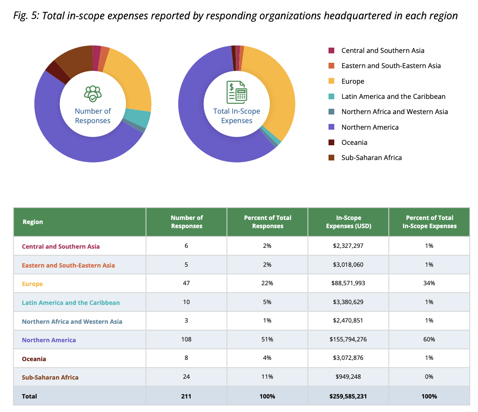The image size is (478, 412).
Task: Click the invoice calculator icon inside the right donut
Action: (x=237, y=92)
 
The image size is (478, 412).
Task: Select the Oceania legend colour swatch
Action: (x=331, y=142)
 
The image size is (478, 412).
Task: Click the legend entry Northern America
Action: (x=370, y=127)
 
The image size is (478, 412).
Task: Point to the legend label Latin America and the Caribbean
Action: (x=393, y=96)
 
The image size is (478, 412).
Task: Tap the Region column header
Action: (x=33, y=222)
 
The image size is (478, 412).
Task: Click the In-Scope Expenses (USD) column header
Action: (x=348, y=222)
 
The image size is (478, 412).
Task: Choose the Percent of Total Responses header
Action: (x=267, y=222)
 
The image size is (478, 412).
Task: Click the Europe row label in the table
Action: (x=32, y=284)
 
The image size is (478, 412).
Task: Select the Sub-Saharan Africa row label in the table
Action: (x=50, y=377)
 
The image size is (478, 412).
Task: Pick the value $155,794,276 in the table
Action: (x=348, y=340)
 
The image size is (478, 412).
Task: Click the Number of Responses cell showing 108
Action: (x=186, y=340)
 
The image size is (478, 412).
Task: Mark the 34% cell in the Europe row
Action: (x=429, y=284)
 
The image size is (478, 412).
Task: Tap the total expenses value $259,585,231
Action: (x=348, y=396)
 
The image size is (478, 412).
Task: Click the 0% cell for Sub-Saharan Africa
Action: (x=429, y=377)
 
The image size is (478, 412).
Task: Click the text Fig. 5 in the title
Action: (x=25, y=16)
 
